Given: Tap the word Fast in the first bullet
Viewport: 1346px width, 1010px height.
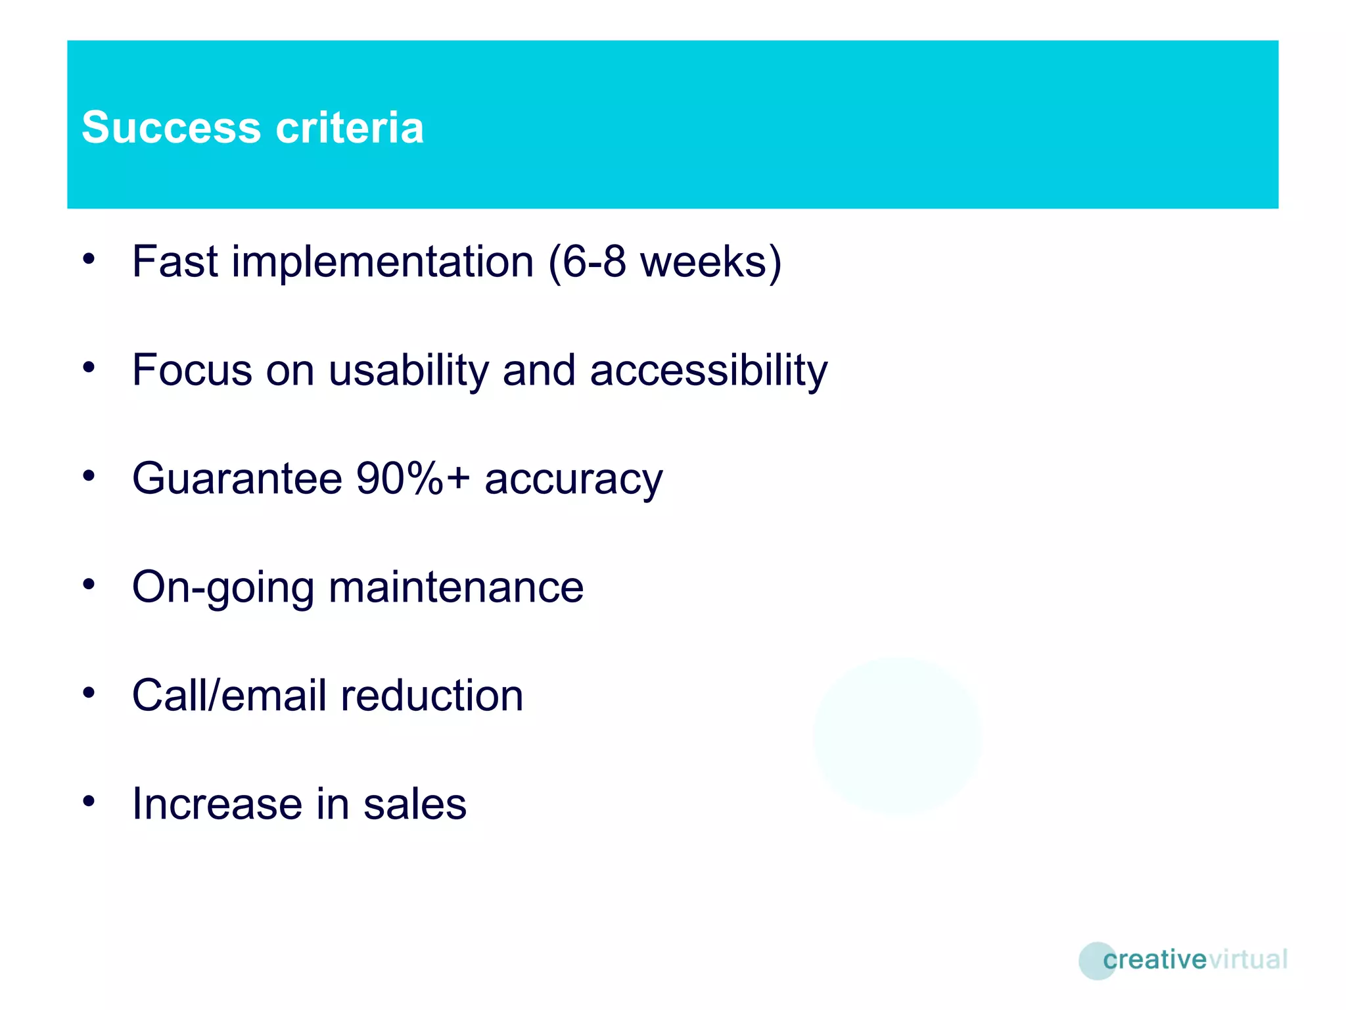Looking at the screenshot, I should pyautogui.click(x=174, y=262).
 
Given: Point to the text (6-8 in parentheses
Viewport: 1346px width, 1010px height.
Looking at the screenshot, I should pyautogui.click(x=587, y=262).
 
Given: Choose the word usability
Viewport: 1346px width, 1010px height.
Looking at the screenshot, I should pyautogui.click(x=409, y=370).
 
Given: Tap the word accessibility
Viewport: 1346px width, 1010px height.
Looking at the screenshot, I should pyautogui.click(x=708, y=370).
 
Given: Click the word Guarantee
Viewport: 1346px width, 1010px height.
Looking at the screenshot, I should pyautogui.click(x=237, y=478).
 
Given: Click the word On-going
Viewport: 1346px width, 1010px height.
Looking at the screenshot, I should pyautogui.click(x=222, y=587).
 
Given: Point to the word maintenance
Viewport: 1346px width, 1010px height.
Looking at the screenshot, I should pyautogui.click(x=456, y=587).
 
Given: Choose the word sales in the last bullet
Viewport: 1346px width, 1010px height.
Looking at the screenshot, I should pyautogui.click(x=415, y=804).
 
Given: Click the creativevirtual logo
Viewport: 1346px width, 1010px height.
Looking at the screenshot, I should pyautogui.click(x=1183, y=960).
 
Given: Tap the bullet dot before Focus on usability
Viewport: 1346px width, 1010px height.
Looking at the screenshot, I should pyautogui.click(x=89, y=367).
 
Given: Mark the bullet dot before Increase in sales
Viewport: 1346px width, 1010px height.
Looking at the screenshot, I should pyautogui.click(x=89, y=800).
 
